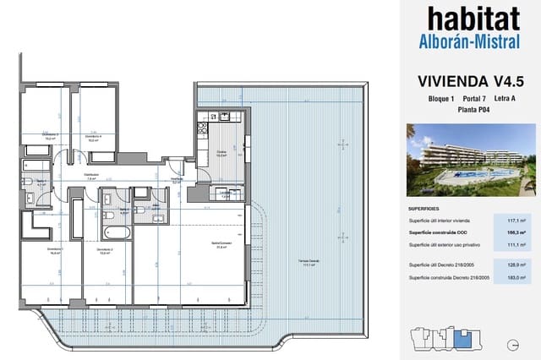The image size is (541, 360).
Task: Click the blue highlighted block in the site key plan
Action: pyautogui.click(x=462, y=340)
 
